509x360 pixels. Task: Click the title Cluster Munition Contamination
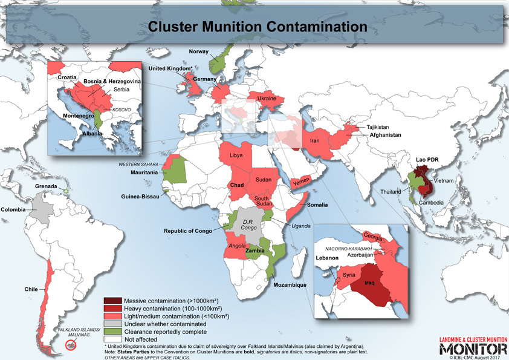[x=258, y=27]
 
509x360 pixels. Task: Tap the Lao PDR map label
[x=427, y=160]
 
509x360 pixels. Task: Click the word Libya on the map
[x=236, y=155]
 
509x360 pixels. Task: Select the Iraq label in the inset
[x=372, y=282]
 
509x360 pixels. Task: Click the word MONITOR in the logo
[x=473, y=349]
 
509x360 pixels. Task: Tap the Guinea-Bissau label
[x=141, y=195]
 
